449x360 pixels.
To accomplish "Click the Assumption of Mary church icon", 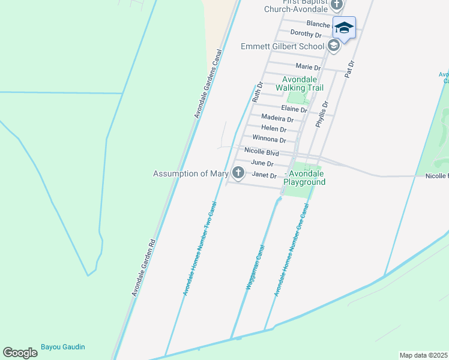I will pos(238,173).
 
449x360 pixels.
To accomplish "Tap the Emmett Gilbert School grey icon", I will pos(334,46).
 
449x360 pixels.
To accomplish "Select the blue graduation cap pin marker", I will pos(344,28).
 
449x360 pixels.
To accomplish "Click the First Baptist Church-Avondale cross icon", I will pos(337,5).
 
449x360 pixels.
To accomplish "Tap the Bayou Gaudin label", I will pos(63,347).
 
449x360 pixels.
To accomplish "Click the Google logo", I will pos(20,353).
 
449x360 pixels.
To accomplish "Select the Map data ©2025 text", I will pos(423,355).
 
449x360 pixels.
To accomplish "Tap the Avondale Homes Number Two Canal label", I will pos(199,248).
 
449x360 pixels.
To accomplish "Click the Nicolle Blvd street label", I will pos(262,152).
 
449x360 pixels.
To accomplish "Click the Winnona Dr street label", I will pos(269,139).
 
